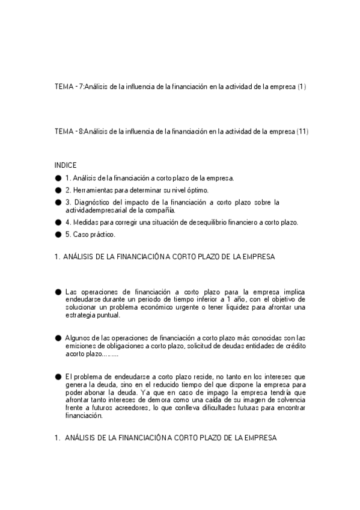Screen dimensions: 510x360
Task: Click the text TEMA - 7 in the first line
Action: (68, 87)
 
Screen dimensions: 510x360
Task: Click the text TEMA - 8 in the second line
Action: (68, 132)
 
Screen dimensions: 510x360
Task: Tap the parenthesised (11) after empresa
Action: (302, 132)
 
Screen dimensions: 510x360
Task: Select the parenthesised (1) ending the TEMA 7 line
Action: (302, 87)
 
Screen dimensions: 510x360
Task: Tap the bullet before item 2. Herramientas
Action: (58, 190)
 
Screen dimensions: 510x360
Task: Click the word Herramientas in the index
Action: (93, 190)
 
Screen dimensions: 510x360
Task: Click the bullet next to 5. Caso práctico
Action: (58, 234)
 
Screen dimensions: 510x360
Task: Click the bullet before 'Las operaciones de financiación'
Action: (58, 291)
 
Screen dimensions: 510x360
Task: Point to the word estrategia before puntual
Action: (81, 315)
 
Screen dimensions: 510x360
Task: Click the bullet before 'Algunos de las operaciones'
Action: (58, 338)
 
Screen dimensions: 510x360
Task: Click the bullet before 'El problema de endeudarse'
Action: (58, 376)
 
